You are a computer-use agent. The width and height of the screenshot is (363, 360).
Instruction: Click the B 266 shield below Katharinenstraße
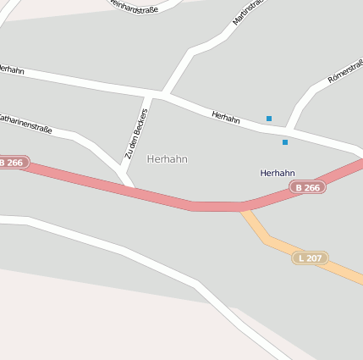[x=13, y=162]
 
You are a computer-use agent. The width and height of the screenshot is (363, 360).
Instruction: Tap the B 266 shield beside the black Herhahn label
[x=307, y=187]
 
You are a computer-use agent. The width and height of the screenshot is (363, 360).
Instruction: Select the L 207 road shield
[x=310, y=257]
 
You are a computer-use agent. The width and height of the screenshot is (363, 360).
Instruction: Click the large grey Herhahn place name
[x=168, y=159]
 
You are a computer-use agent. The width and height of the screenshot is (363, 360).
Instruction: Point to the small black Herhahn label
[x=278, y=173]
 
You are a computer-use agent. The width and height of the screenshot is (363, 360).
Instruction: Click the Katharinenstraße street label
[x=25, y=124]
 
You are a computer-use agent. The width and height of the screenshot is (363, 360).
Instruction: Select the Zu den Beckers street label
[x=136, y=134]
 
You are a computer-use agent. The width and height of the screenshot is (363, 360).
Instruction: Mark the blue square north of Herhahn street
[x=269, y=119]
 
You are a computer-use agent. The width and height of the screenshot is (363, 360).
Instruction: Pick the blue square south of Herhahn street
[x=285, y=142]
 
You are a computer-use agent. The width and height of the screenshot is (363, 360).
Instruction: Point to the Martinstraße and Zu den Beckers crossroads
[x=162, y=93]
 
